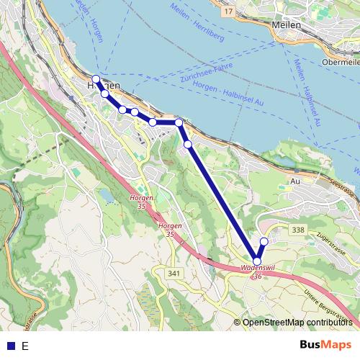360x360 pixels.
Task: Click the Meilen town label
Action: coord(287,24)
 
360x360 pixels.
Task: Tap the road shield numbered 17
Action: coord(228,12)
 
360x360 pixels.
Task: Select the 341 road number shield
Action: coord(173,273)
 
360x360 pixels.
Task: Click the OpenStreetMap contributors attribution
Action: coord(298,322)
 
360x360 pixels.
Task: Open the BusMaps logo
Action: coord(325,345)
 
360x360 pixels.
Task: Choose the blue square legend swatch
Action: coord(11,346)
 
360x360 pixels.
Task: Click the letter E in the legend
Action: coord(25,346)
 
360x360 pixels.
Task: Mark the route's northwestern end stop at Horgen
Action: coord(96,78)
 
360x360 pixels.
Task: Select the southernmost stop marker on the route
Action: coord(257,261)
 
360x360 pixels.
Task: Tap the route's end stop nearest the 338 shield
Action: coord(264,241)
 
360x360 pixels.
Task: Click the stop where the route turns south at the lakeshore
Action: coord(179,122)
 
